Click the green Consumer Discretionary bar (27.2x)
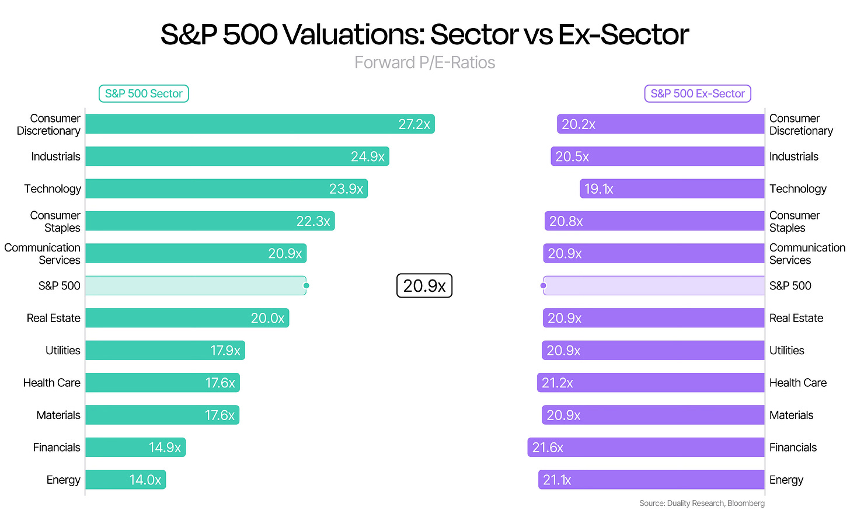click(260, 124)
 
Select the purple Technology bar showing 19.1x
click(672, 188)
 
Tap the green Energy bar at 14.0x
click(126, 480)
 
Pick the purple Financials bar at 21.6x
click(646, 448)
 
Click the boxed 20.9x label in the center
click(424, 285)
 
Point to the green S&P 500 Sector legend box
click(144, 94)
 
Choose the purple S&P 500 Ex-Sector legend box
click(698, 94)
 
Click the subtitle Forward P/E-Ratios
click(424, 62)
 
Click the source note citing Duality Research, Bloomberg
click(702, 503)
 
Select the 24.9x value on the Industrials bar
click(367, 156)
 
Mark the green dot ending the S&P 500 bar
click(306, 285)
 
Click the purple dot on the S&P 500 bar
click(544, 285)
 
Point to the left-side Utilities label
click(63, 350)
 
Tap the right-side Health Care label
click(797, 383)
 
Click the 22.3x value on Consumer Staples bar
click(313, 221)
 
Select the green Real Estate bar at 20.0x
click(187, 318)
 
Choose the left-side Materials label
click(58, 415)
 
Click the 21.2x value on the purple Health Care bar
click(557, 383)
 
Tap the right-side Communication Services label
click(807, 254)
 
